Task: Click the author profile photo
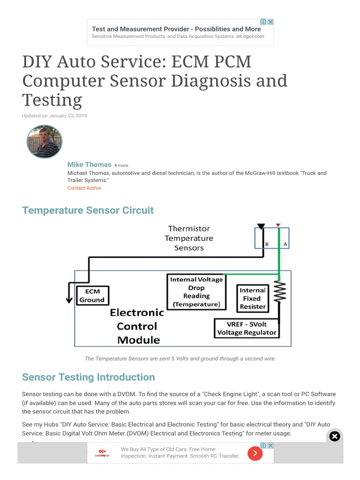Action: [x=45, y=142]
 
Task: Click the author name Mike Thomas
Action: [x=89, y=165]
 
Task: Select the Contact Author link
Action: [x=84, y=188]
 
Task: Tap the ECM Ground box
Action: [x=92, y=295]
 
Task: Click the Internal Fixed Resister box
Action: [x=253, y=298]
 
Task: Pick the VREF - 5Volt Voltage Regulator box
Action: [x=247, y=328]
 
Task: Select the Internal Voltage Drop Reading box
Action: [x=196, y=292]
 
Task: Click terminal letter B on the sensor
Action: [x=267, y=244]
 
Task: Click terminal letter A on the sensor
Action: [x=285, y=244]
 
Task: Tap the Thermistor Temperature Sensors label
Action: [x=189, y=238]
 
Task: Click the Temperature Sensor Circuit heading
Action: [x=88, y=210]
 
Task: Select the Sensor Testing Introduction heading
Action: [x=88, y=377]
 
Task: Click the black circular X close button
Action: [x=334, y=437]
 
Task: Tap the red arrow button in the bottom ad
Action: [x=255, y=453]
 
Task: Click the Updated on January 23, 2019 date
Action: [x=54, y=116]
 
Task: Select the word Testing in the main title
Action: [x=52, y=100]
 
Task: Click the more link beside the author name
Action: [x=121, y=165]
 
